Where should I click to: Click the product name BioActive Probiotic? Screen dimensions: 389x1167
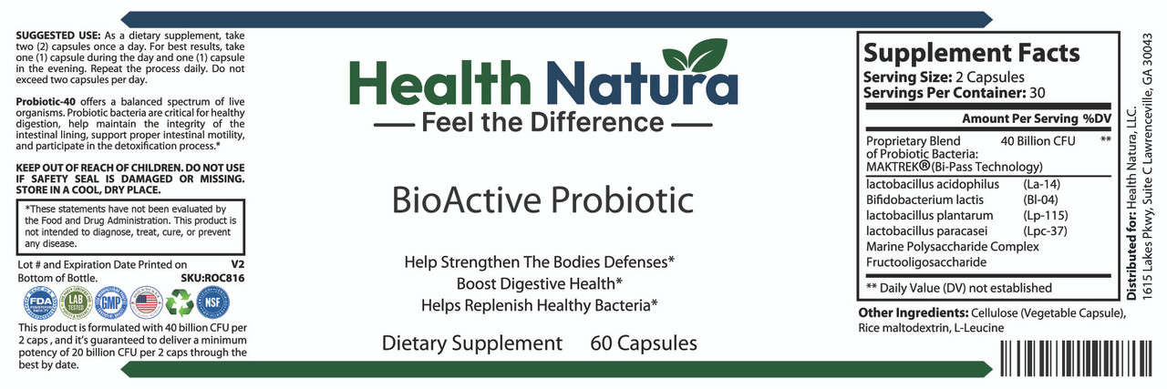click(542, 199)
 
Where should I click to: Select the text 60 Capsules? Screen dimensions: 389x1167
click(644, 343)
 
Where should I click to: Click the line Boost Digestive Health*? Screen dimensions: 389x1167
click(541, 282)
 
